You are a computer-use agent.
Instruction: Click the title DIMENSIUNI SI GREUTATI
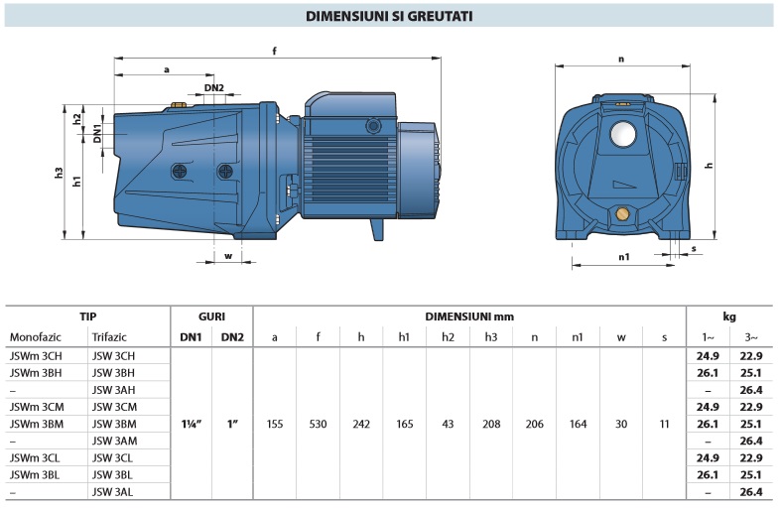tap(389, 16)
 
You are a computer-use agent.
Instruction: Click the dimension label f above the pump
tap(274, 51)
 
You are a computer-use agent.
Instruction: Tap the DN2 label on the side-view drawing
tap(214, 88)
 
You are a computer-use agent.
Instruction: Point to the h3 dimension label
tap(60, 173)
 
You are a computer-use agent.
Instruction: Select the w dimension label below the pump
tap(228, 256)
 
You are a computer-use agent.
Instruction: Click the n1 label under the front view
tap(624, 257)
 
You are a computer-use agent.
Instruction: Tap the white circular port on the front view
tap(623, 134)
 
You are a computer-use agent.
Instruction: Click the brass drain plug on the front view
tap(622, 214)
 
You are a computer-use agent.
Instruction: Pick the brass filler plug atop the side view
tap(178, 105)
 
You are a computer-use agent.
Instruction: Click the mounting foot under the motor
tap(377, 229)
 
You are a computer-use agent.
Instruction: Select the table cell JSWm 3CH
tap(36, 356)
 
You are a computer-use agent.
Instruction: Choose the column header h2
tap(449, 337)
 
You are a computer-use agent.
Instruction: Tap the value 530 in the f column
tap(318, 424)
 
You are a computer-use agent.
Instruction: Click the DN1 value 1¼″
tap(192, 424)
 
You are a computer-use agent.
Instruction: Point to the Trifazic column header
tap(109, 337)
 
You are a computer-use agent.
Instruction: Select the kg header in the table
tap(729, 317)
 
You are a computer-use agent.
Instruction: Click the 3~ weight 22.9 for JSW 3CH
tap(750, 356)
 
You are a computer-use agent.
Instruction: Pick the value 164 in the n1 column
tap(578, 424)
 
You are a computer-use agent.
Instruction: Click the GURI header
tap(211, 317)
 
